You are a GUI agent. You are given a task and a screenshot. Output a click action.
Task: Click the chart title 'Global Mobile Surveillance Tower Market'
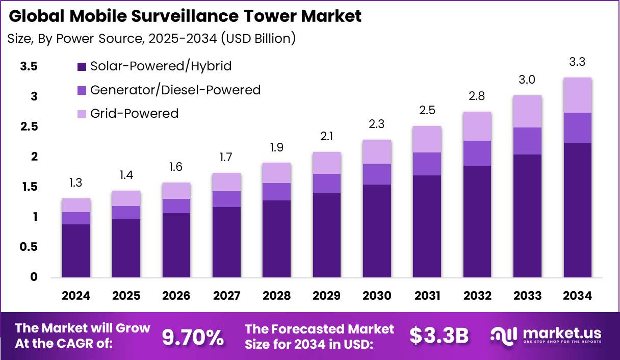[x=185, y=16]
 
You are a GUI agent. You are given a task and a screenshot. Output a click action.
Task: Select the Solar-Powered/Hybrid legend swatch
[x=82, y=66]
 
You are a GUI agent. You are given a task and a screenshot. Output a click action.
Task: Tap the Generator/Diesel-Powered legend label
[x=175, y=90]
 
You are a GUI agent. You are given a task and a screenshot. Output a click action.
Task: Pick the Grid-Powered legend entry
[x=134, y=113]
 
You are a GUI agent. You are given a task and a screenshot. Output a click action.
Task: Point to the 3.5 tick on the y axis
[x=30, y=66]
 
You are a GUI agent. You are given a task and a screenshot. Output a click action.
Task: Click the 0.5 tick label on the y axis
[x=30, y=247]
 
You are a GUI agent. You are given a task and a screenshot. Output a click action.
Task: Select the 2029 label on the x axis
[x=326, y=296]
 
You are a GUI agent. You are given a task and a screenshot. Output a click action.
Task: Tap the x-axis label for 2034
[x=577, y=296]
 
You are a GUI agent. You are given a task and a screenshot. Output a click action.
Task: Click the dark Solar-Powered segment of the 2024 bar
[x=76, y=251]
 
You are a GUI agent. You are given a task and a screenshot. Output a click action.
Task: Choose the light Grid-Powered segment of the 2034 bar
[x=577, y=95]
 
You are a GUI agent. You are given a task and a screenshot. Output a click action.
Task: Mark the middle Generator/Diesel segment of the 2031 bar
[x=427, y=164]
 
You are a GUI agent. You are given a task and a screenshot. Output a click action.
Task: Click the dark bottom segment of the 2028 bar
[x=276, y=239]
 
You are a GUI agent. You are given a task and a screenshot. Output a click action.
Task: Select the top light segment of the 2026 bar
[x=176, y=191]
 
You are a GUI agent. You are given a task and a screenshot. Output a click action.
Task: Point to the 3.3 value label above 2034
[x=577, y=62]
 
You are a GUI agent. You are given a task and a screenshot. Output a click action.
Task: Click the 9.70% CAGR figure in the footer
[x=192, y=337]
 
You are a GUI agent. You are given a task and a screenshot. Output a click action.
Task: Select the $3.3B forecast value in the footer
[x=439, y=336]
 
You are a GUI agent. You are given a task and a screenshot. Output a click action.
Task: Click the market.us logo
[x=546, y=336]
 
